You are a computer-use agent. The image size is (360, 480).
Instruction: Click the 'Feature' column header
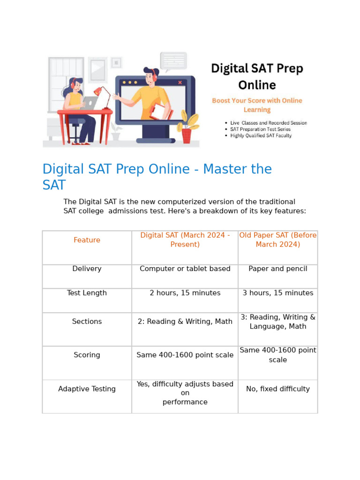87,240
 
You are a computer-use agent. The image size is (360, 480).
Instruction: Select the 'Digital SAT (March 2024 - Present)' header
185,240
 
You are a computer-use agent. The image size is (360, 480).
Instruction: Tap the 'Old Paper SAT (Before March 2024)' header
278,240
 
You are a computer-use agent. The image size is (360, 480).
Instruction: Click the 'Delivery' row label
87,269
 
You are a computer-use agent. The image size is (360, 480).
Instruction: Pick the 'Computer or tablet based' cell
185,269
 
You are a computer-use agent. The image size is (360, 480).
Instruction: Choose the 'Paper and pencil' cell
278,269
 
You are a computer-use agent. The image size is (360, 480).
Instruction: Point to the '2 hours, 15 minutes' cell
185,293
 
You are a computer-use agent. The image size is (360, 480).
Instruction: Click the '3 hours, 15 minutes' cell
278,293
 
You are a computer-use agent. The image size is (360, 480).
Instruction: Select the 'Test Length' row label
87,293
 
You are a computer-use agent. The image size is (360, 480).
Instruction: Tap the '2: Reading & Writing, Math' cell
185,322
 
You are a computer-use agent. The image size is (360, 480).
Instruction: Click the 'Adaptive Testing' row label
87,389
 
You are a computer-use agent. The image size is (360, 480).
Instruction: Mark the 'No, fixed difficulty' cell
278,389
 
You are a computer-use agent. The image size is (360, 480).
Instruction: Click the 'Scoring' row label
87,355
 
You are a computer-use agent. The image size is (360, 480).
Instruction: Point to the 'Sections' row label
87,322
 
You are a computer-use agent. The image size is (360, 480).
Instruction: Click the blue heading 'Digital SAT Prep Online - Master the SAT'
157,176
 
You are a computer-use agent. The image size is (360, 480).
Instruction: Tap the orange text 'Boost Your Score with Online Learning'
257,105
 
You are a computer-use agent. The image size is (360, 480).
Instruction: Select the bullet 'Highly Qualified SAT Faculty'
261,135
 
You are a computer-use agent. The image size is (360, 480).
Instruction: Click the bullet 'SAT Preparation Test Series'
260,129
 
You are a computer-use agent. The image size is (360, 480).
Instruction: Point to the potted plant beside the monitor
187,127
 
